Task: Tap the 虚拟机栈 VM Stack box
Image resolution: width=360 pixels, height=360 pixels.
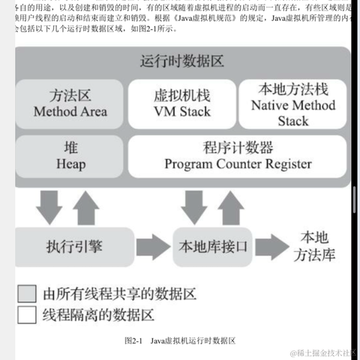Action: [x=181, y=103]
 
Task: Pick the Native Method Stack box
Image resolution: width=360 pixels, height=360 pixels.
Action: [x=292, y=104]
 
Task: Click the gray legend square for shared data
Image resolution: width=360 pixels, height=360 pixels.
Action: [x=27, y=292]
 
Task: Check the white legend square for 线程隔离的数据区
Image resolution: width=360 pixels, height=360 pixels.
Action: [x=27, y=314]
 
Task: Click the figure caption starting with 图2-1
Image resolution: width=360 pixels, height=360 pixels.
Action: [x=180, y=340]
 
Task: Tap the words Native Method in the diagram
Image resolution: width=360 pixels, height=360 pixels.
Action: [x=292, y=105]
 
